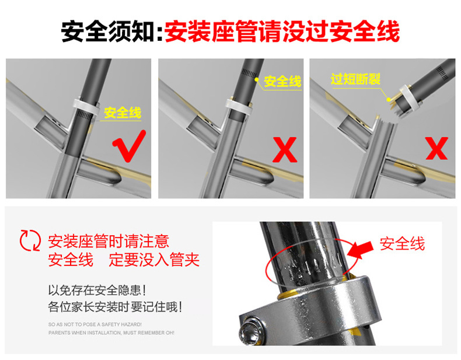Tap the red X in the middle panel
point(285,149)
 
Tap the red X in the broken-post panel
point(436,148)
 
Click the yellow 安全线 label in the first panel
point(123,113)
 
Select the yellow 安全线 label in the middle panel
point(282,82)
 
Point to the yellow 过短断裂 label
point(356,79)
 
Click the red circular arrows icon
point(30,240)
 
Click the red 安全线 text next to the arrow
point(402,244)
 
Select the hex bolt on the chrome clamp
point(249,331)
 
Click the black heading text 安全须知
point(108,31)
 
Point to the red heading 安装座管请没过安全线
point(282,31)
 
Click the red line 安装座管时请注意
point(109,242)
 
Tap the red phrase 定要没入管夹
point(155,260)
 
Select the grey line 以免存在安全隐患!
point(97,291)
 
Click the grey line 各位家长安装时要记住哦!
point(116,307)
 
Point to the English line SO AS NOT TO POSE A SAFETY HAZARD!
point(95,324)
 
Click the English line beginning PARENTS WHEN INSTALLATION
point(111,333)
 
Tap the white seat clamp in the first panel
point(86,107)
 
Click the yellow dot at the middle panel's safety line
point(257,79)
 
